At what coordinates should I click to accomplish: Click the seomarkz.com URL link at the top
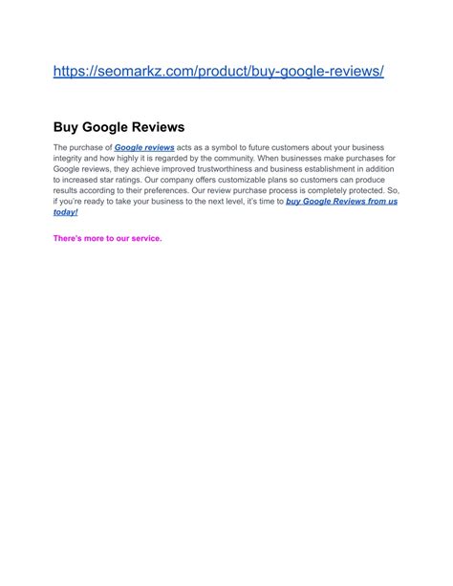coord(219,73)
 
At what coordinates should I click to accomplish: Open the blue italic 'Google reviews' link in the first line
coord(144,148)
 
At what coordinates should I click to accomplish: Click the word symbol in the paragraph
coord(235,148)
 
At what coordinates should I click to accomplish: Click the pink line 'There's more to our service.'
coord(108,238)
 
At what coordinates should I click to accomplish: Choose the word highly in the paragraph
coord(129,159)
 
